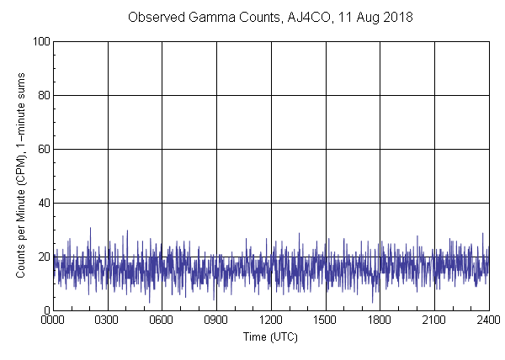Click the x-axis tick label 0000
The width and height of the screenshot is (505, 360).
53,320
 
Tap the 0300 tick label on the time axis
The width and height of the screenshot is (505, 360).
108,320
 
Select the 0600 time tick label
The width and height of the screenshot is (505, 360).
162,320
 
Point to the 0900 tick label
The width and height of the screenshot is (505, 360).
216,320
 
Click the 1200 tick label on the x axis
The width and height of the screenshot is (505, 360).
271,320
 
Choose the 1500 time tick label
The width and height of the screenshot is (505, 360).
325,320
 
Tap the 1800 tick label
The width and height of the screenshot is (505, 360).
380,320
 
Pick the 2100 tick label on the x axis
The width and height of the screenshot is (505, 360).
434,320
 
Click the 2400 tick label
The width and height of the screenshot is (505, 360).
488,320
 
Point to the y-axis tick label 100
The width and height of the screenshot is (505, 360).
40,41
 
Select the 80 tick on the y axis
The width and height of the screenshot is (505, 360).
43,95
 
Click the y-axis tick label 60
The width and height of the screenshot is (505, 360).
43,149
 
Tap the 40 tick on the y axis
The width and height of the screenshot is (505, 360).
43,203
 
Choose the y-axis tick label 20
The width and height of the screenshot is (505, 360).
43,257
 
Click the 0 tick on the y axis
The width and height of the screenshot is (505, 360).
45,310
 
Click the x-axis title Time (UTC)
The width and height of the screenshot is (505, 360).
270,336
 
